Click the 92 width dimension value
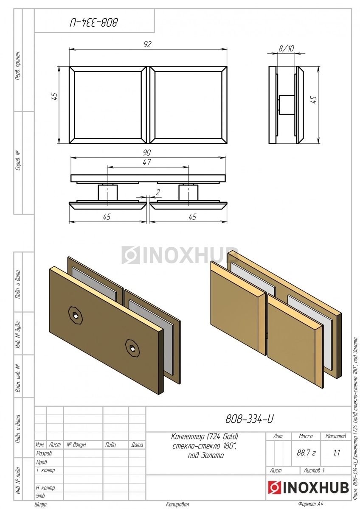point(147,44)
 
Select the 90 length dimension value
point(147,152)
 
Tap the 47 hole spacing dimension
point(147,162)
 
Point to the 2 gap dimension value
point(157,192)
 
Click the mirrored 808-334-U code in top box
point(94,22)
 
